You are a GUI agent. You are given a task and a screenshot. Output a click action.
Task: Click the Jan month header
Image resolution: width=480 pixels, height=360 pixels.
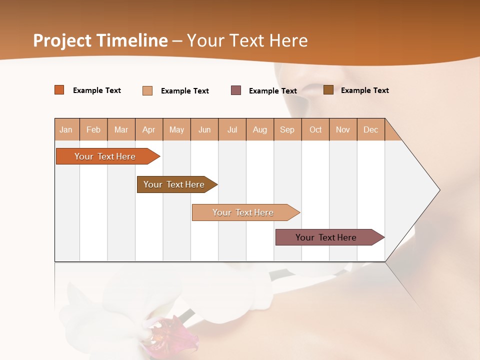pyautogui.click(x=66, y=129)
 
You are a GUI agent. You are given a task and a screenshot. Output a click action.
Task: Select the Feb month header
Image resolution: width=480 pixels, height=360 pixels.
pyautogui.click(x=93, y=129)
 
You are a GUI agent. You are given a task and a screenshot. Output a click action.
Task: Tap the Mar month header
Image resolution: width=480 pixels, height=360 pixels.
pyautogui.click(x=121, y=129)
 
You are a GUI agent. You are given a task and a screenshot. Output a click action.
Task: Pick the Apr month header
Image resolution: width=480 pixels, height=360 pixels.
pyautogui.click(x=149, y=129)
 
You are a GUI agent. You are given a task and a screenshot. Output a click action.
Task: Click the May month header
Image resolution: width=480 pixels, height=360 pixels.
pyautogui.click(x=176, y=129)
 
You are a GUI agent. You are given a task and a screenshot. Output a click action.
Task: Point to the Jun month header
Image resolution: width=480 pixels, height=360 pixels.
pyautogui.click(x=204, y=129)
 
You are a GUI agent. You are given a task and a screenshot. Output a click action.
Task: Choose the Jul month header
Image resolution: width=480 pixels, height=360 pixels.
pyautogui.click(x=232, y=129)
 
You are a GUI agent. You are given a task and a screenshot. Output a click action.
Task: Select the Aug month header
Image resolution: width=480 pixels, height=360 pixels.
pyautogui.click(x=260, y=129)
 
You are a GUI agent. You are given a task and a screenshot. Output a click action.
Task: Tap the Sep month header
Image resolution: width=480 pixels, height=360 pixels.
pyautogui.click(x=287, y=129)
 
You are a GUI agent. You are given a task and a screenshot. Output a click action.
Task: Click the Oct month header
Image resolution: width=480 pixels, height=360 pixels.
pyautogui.click(x=315, y=129)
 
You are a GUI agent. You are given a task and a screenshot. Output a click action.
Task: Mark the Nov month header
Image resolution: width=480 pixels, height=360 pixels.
pyautogui.click(x=343, y=129)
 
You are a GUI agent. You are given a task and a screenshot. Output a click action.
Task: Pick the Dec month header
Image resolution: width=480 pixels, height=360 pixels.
pyautogui.click(x=371, y=129)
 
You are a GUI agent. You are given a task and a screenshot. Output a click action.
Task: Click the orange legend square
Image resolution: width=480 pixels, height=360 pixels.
pyautogui.click(x=59, y=90)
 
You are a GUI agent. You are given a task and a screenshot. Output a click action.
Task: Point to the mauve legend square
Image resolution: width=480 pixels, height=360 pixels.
pyautogui.click(x=236, y=90)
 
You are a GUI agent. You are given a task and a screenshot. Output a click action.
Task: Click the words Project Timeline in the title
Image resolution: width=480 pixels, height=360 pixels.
pyautogui.click(x=100, y=40)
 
